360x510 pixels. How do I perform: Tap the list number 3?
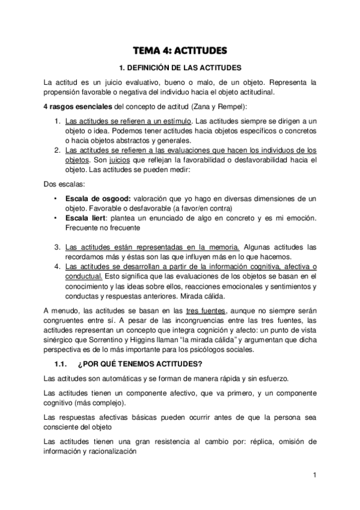56,247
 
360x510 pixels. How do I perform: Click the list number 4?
56,266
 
